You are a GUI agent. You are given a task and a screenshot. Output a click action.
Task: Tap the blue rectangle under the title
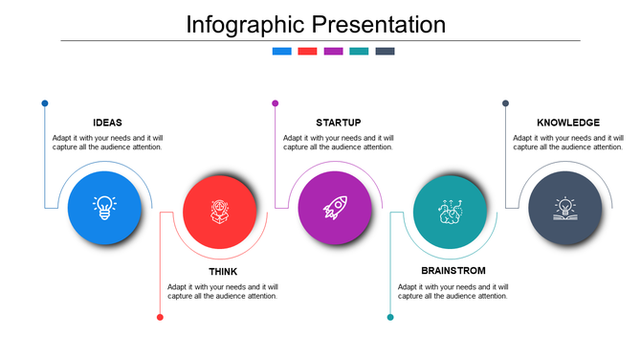(281, 52)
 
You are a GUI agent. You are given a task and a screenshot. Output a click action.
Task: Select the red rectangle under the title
(307, 52)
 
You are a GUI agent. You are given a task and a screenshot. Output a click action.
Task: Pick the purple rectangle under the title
(333, 52)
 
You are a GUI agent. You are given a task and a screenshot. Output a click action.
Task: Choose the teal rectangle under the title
(359, 52)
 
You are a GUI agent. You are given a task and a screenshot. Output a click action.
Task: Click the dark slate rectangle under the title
(385, 52)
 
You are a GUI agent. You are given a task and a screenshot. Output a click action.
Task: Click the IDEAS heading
(107, 123)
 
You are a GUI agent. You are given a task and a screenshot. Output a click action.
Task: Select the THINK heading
(223, 272)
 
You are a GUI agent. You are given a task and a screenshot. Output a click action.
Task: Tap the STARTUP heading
(338, 123)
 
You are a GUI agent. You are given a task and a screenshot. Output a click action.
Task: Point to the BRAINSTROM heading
(453, 272)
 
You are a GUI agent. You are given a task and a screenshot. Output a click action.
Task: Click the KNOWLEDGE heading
(568, 123)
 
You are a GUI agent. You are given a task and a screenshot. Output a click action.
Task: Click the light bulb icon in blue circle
(104, 208)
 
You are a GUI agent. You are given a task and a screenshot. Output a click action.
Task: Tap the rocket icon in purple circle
(335, 208)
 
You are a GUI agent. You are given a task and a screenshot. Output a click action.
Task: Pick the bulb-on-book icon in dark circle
(565, 208)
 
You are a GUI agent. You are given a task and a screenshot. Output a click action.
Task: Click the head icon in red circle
(220, 211)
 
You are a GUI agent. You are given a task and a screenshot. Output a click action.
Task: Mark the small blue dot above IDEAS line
(45, 103)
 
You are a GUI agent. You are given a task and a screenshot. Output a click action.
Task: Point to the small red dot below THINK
(160, 317)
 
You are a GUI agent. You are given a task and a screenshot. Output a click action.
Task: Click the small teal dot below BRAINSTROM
(390, 317)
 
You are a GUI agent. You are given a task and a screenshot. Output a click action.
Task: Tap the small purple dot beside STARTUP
(276, 103)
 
